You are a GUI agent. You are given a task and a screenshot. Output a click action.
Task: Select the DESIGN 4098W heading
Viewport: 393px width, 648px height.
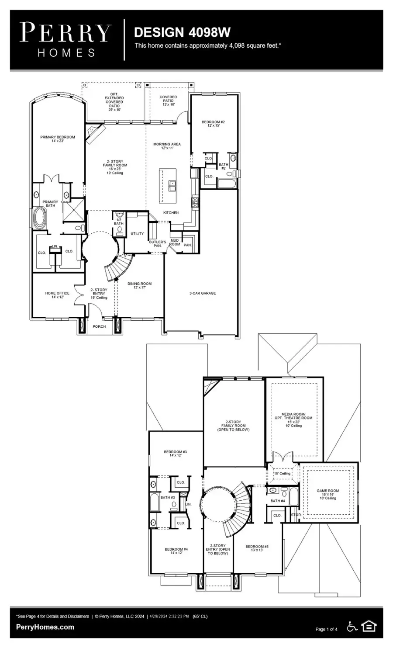click(182, 32)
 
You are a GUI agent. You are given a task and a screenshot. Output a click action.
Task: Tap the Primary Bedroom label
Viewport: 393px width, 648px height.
click(58, 139)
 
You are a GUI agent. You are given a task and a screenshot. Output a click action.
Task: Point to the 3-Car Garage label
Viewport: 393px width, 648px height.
click(203, 293)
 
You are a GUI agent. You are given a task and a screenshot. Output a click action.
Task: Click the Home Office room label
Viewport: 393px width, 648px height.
click(57, 295)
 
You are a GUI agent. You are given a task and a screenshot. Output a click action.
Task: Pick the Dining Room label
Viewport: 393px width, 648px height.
click(139, 285)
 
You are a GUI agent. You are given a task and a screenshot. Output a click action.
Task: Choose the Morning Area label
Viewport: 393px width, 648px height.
click(167, 146)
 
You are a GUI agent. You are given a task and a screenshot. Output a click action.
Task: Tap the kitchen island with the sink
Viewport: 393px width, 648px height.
click(168, 185)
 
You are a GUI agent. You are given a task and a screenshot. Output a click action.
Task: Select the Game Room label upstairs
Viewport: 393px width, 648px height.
click(327, 494)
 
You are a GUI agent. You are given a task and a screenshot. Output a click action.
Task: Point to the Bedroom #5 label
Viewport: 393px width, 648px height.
click(257, 548)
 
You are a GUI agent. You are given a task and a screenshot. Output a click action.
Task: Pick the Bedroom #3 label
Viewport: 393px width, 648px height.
click(176, 453)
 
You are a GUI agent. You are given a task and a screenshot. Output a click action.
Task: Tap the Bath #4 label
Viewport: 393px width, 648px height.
click(278, 501)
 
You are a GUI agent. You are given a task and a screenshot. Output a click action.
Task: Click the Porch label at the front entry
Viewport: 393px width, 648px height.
click(99, 326)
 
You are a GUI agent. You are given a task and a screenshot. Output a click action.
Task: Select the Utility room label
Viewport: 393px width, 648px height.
click(137, 234)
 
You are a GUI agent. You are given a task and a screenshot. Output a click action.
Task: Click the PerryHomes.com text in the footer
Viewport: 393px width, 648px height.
click(45, 627)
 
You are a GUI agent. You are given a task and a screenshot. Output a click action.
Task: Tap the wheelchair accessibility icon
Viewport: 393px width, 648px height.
click(352, 627)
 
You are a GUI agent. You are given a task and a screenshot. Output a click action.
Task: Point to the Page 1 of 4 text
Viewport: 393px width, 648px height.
click(326, 629)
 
